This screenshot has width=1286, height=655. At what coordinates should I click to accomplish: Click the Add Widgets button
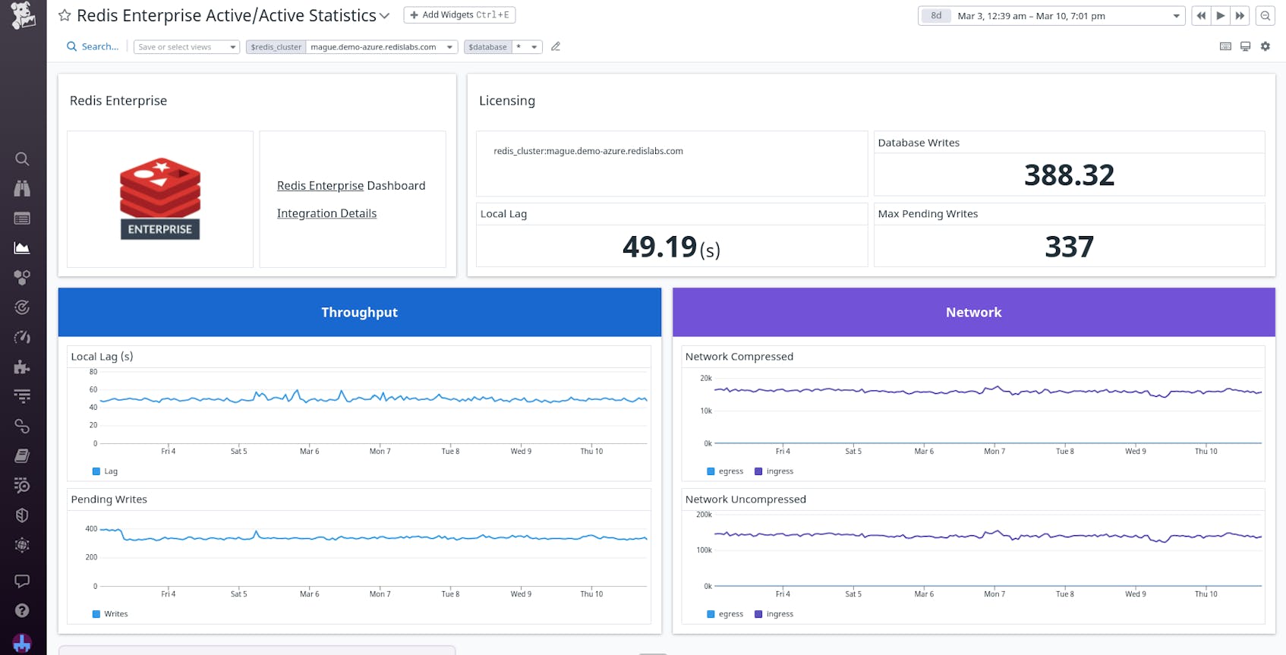[x=459, y=15]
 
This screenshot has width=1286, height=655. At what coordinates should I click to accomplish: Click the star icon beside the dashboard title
[x=65, y=15]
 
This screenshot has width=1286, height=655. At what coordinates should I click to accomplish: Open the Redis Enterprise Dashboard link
[x=351, y=186]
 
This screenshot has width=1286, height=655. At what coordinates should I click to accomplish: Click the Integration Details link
[x=326, y=214]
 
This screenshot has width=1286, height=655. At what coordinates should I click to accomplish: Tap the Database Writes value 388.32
[x=1069, y=175]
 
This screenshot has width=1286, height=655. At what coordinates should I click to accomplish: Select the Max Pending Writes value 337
[x=1069, y=247]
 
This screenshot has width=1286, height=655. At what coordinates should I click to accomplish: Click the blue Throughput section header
[x=359, y=312]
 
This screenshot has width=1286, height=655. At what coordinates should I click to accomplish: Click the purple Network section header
[x=973, y=312]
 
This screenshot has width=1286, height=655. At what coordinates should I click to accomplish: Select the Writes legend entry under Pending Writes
[x=111, y=614]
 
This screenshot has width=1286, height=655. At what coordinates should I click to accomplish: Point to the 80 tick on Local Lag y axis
[x=93, y=372]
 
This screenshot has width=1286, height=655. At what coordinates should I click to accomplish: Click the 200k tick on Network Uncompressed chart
[x=704, y=515]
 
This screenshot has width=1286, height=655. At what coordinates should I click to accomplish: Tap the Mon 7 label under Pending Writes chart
[x=380, y=594]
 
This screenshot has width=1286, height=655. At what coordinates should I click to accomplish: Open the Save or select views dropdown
[x=187, y=47]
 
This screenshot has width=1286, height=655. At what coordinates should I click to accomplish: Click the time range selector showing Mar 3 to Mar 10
[x=1051, y=16]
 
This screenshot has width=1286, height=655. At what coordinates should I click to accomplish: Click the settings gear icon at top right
[x=1265, y=46]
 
